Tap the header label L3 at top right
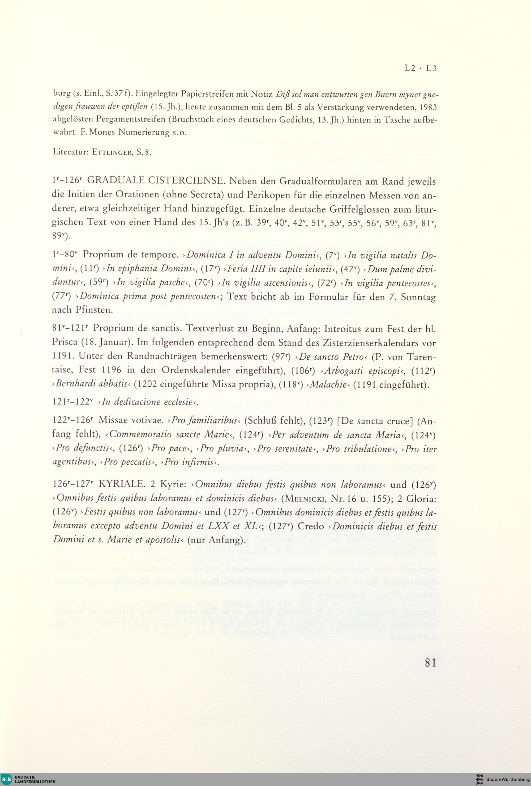click(431, 68)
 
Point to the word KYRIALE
click(120, 485)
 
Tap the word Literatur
click(70, 152)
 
